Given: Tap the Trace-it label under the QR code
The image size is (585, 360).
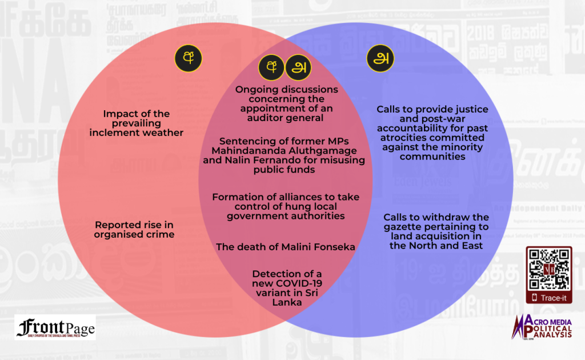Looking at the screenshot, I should click(553, 297).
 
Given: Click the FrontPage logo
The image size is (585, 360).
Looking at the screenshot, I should click(55, 327).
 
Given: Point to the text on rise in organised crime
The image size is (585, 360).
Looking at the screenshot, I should click(134, 229).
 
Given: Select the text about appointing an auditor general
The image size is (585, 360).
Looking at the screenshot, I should click(287, 103).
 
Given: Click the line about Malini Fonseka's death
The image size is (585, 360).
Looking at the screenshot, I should click(285, 247).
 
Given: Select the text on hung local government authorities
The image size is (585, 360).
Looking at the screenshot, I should click(286, 206).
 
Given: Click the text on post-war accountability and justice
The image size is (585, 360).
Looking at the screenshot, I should click(432, 133).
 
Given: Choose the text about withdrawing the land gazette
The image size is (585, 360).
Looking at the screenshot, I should click(436, 231).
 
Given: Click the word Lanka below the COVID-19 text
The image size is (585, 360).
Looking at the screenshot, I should click(286, 302).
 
